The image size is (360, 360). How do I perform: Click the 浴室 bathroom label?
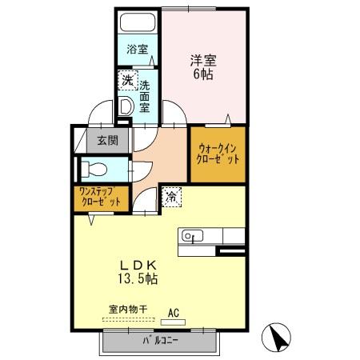click(x=138, y=50)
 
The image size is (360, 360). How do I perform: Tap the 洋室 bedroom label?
click(x=203, y=59)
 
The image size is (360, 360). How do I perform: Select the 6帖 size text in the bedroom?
click(x=203, y=74)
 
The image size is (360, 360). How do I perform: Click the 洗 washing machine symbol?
click(x=126, y=80)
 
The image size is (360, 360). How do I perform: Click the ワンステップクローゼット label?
click(x=99, y=197)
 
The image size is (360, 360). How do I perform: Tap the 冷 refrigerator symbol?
click(x=172, y=194)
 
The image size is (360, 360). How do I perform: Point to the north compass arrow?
click(x=278, y=337)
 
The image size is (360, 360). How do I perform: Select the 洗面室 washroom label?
click(x=145, y=96)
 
